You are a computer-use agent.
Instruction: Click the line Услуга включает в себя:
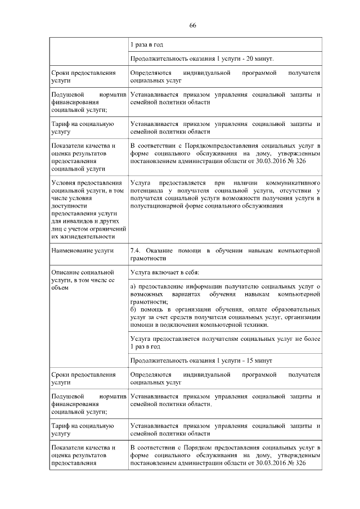point(165,273)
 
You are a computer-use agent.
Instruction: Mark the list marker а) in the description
point(133,287)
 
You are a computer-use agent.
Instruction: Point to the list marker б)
point(133,310)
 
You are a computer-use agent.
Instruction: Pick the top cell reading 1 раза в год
point(147,44)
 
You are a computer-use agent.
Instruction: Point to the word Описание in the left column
point(67,273)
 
